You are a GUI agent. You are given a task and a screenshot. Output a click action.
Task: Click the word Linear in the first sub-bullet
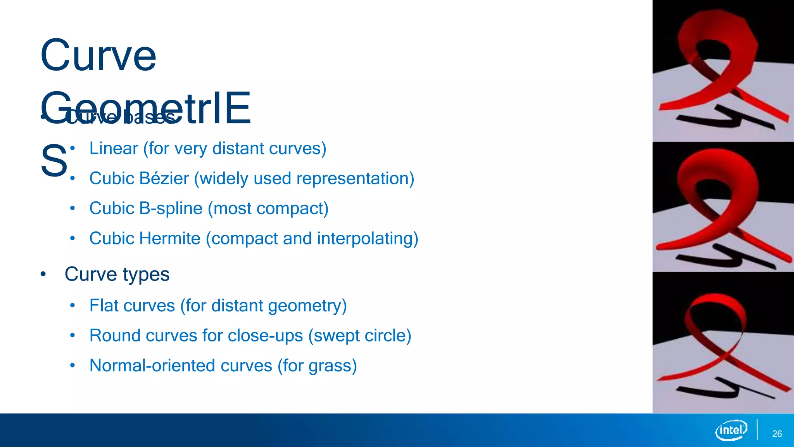pos(114,149)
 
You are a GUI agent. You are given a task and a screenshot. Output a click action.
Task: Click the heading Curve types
pos(117,274)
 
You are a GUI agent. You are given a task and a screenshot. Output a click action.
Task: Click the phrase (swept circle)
pos(359,336)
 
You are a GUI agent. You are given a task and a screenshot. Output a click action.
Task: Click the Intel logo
pos(731,430)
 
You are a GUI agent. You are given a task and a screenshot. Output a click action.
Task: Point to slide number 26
pos(777,434)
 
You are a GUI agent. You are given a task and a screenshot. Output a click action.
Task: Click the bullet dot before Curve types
pos(43,274)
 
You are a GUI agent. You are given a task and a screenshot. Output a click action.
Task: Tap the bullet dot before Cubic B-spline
pos(72,208)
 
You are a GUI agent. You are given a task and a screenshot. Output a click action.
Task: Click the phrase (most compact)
pos(268,209)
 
